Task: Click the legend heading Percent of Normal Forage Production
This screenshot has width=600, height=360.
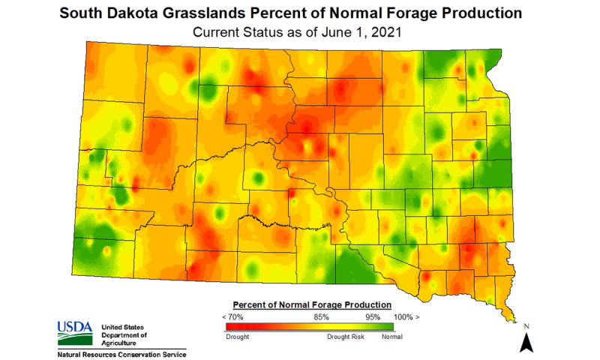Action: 312,305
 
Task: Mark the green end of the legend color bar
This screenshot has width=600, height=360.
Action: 387,326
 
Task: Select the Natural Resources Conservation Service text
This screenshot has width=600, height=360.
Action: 121,353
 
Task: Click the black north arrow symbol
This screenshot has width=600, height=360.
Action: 526,343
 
